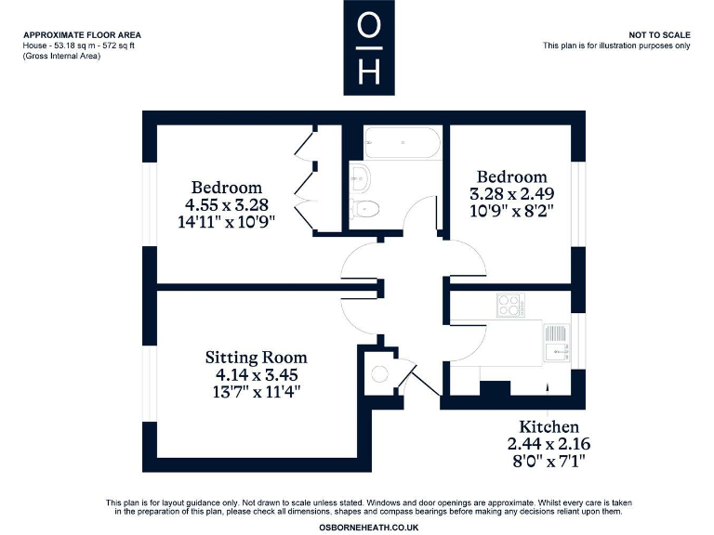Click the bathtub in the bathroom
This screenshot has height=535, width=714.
tap(403, 144)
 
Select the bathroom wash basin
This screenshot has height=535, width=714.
tap(360, 176)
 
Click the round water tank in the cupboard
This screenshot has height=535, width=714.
tap(379, 373)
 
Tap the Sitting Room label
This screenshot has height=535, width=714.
tap(256, 358)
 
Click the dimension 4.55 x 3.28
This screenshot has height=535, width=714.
tap(227, 204)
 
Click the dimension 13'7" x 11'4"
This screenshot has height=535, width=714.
tap(256, 392)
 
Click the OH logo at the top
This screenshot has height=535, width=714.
tap(369, 48)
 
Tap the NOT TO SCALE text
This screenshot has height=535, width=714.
tap(659, 34)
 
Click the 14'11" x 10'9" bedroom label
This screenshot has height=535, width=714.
tap(227, 222)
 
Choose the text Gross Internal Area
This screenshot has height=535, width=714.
tap(61, 57)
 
